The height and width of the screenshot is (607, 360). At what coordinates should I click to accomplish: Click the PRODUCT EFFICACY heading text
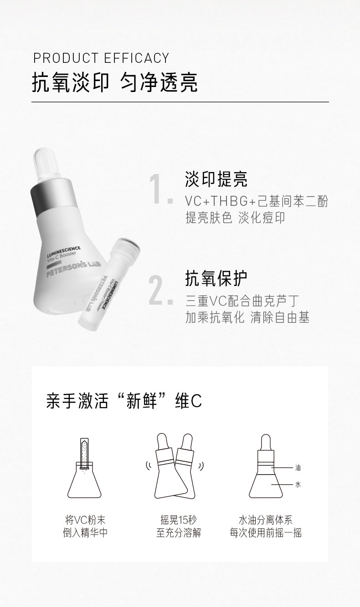[101, 58]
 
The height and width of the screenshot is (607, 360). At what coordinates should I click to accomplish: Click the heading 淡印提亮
[216, 179]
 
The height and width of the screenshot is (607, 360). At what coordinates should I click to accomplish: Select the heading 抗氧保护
[216, 278]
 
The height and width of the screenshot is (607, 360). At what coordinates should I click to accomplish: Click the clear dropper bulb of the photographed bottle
[46, 164]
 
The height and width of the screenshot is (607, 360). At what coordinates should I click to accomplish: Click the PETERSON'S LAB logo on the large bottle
[74, 269]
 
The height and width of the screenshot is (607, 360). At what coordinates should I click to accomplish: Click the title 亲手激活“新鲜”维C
[124, 401]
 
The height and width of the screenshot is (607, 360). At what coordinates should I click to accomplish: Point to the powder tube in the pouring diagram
[84, 454]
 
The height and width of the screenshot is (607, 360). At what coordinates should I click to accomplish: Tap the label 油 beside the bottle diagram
[298, 468]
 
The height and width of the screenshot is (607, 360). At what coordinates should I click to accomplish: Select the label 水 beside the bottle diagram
[298, 485]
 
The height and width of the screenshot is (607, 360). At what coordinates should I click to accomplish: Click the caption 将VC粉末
[85, 520]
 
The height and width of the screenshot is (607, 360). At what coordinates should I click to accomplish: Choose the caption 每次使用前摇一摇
[266, 533]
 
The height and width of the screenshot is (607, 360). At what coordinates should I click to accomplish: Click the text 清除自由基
[280, 317]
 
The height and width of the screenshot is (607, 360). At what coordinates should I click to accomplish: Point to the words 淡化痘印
[262, 218]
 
